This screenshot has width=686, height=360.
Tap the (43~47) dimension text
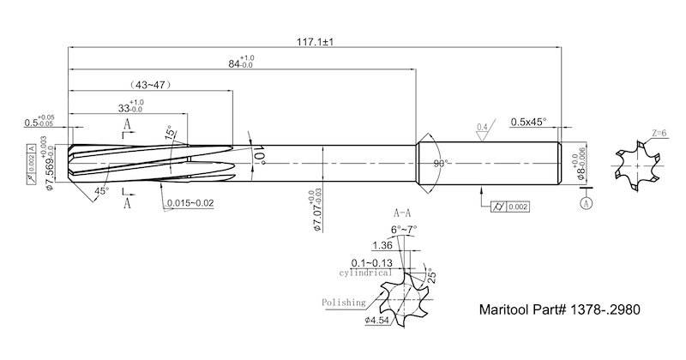click(147, 86)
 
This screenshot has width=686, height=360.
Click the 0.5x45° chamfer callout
click(528, 123)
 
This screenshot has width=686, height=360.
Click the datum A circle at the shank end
click(587, 205)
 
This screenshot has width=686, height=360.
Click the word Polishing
click(343, 303)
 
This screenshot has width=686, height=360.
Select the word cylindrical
click(365, 273)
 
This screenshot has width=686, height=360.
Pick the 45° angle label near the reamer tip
click(102, 191)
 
